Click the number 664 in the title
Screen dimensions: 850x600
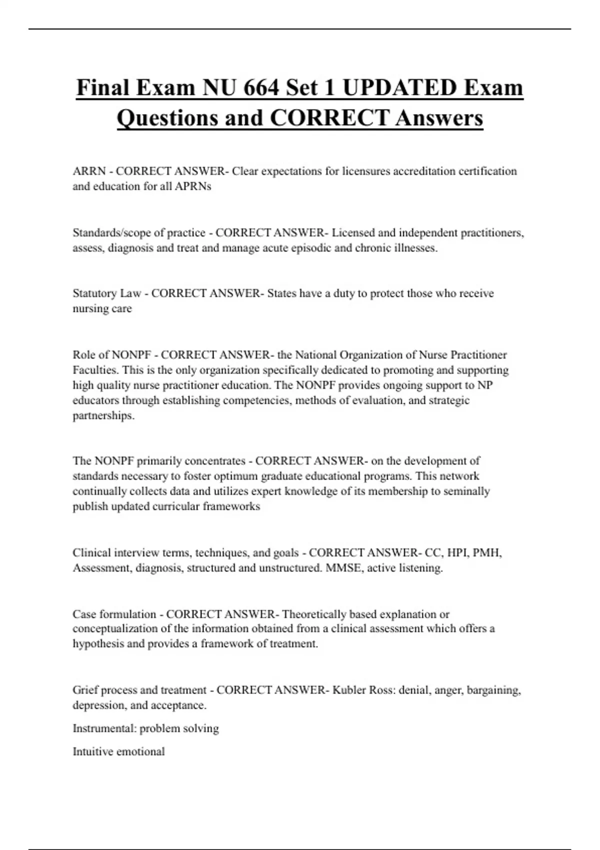261,87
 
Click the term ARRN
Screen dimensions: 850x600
89,171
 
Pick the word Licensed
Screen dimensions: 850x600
353,232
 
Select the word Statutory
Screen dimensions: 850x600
96,293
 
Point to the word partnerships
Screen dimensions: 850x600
103,415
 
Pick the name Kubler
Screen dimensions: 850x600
349,690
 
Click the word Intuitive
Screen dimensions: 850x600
93,751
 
